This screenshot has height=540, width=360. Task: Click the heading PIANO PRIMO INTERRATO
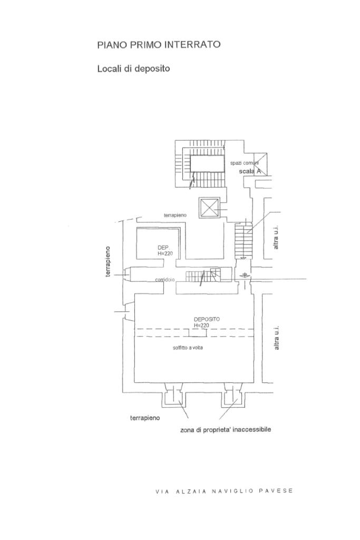[x=159, y=45]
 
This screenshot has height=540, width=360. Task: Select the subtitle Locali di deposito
[x=133, y=68]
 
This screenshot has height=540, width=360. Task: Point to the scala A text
[x=251, y=171]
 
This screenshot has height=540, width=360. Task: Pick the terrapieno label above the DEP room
[x=175, y=215]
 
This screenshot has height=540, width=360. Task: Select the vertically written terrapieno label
[x=108, y=261]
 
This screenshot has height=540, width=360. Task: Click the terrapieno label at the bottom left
[x=145, y=418]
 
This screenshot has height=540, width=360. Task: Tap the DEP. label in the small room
[x=163, y=247]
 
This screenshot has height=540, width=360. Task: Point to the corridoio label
[x=165, y=280]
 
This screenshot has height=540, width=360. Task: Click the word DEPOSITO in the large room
[x=207, y=319]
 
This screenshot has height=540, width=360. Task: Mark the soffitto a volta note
[x=188, y=347]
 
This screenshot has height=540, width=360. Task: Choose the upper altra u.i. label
[x=276, y=238]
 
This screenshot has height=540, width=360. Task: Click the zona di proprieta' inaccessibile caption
[x=226, y=430]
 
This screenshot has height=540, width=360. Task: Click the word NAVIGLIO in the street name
[x=232, y=491]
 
